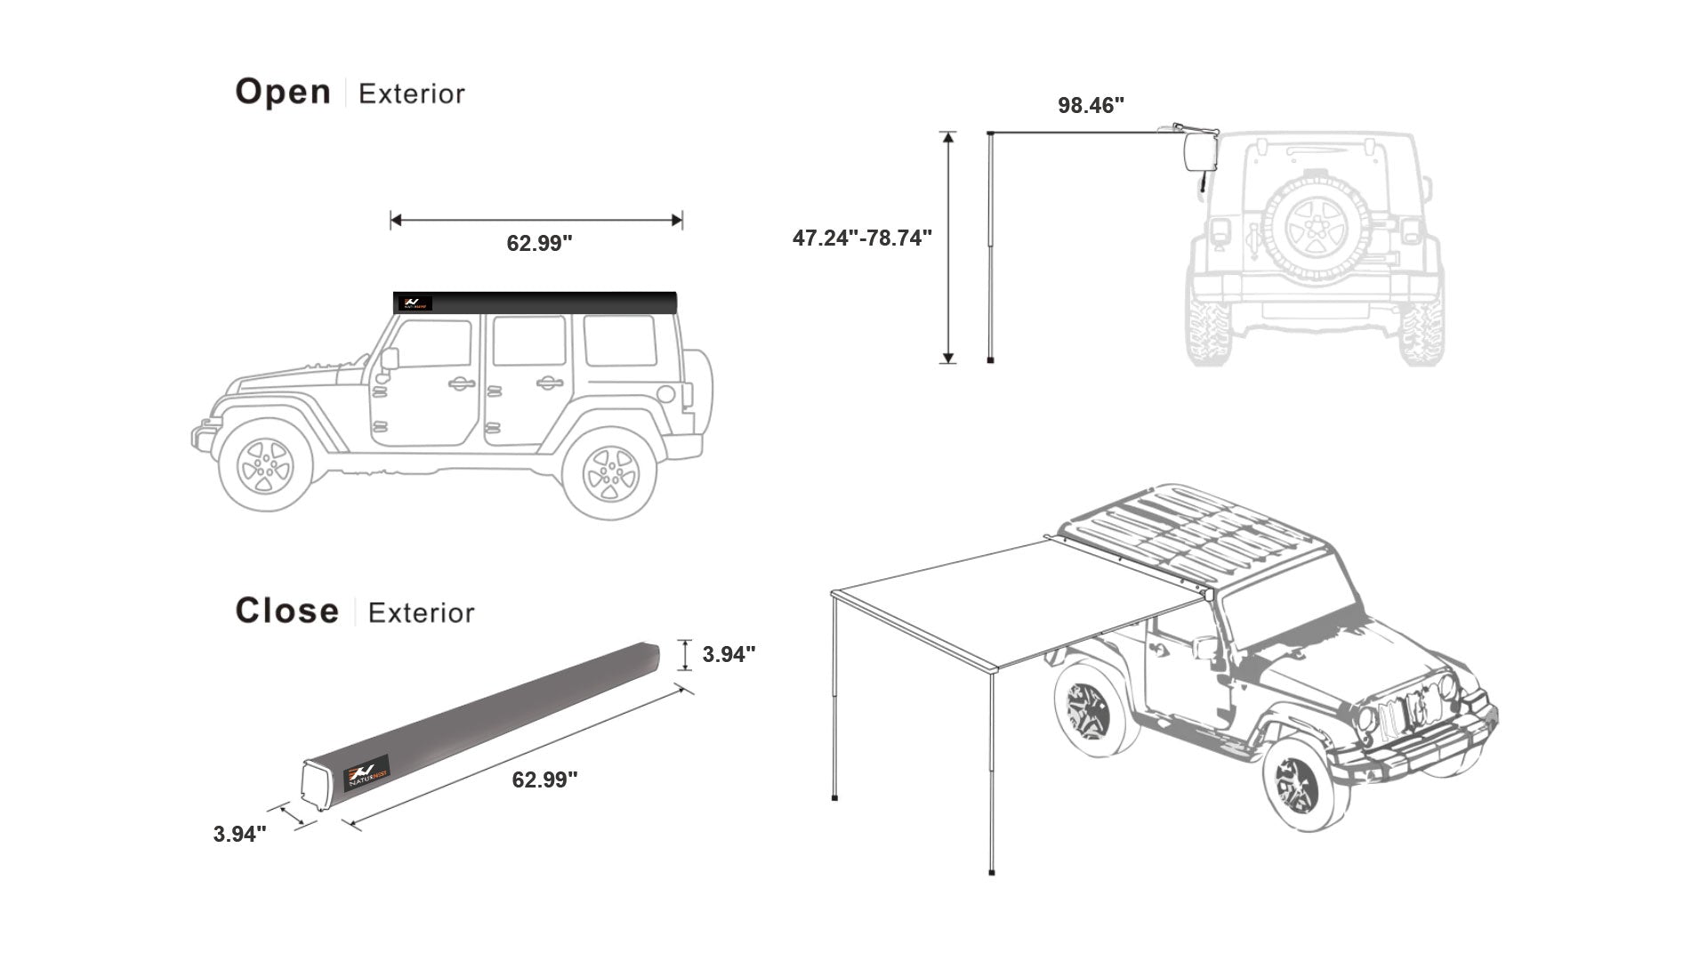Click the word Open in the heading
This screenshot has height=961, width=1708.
pyautogui.click(x=283, y=93)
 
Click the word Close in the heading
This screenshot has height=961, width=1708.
pyautogui.click(x=286, y=611)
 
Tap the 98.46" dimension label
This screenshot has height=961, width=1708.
pyautogui.click(x=1091, y=106)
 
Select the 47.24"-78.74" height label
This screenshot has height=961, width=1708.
pyautogui.click(x=862, y=238)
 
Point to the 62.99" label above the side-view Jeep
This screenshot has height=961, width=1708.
pyautogui.click(x=539, y=244)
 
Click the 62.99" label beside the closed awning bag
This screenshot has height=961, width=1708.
pyautogui.click(x=544, y=780)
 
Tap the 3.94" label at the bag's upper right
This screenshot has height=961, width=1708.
pyautogui.click(x=729, y=655)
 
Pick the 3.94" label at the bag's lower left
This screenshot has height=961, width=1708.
pyautogui.click(x=239, y=835)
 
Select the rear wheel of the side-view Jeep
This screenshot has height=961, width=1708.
pyautogui.click(x=610, y=472)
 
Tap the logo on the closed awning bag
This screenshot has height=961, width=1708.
pyautogui.click(x=367, y=773)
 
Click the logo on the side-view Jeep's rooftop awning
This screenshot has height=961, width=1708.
pyautogui.click(x=414, y=303)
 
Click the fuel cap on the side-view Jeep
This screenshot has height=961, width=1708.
pyautogui.click(x=665, y=394)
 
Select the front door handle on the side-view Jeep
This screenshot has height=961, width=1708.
pyautogui.click(x=461, y=384)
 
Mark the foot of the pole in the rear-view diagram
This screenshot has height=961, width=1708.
pyautogui.click(x=990, y=359)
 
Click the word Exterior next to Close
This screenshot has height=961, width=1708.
pyautogui.click(x=421, y=613)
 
